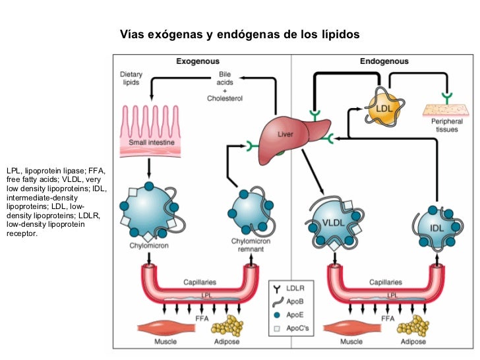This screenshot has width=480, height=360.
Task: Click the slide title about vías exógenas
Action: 239,34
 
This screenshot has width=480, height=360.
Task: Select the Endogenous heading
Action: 384,61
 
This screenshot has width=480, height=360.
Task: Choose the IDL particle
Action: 436,227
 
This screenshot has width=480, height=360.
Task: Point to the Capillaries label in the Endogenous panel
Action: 385,282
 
